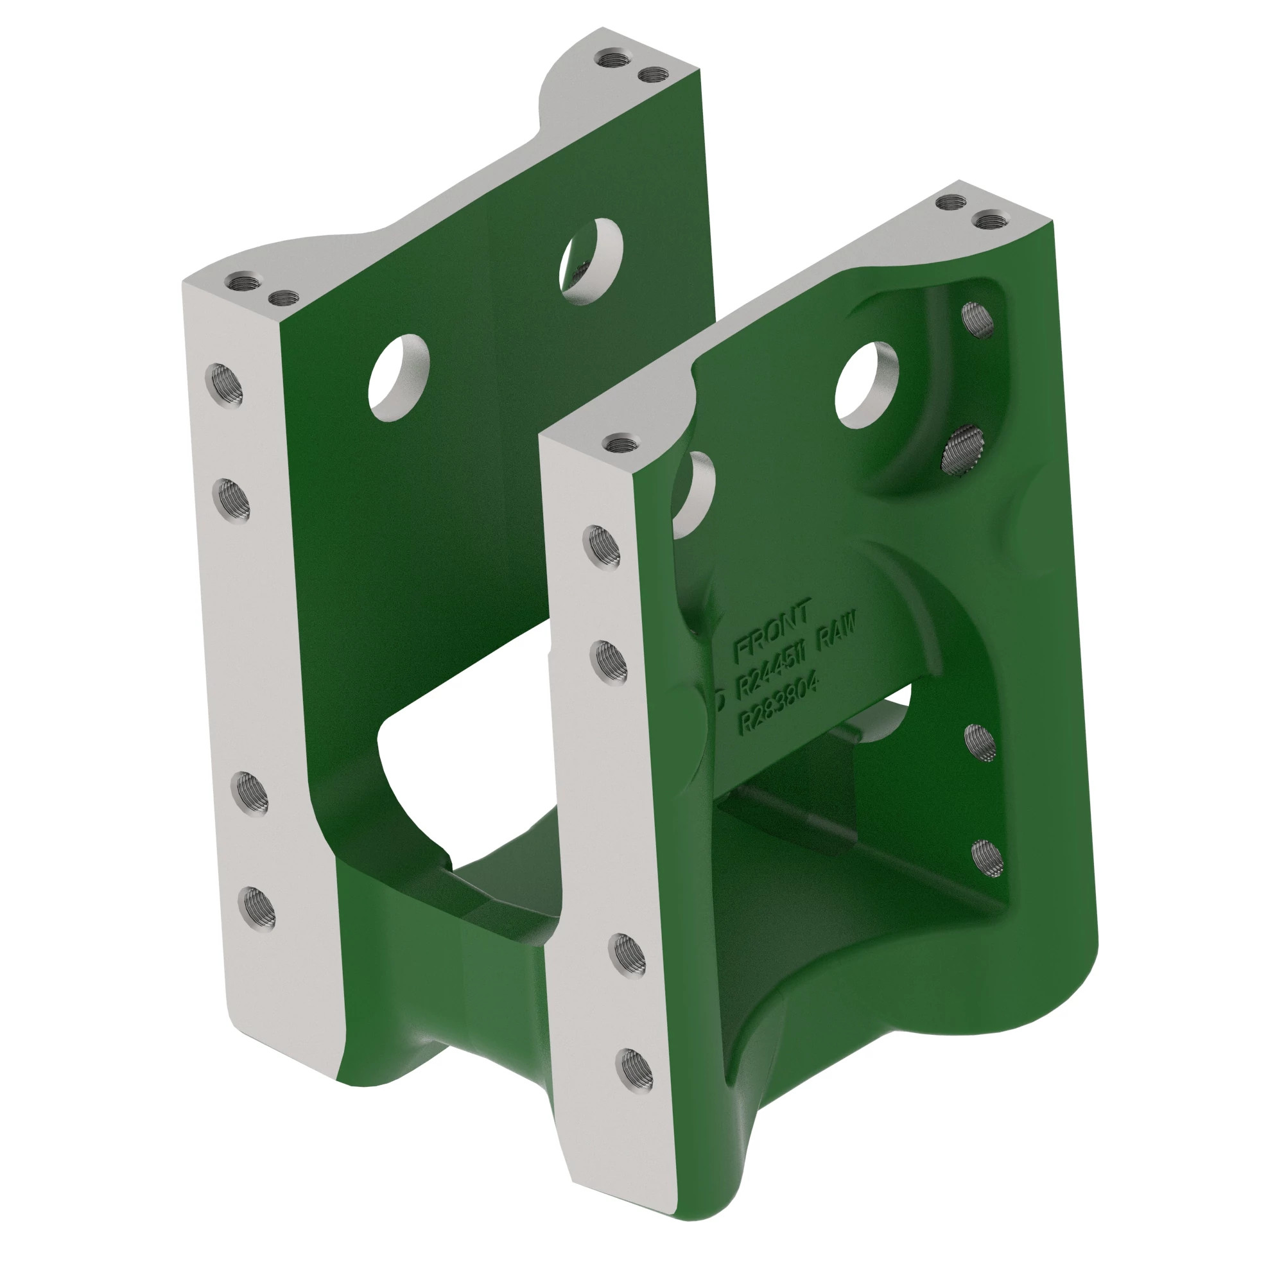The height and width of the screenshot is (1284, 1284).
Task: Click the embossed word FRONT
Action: tap(772, 630)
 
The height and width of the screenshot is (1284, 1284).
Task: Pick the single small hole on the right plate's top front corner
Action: tap(620, 442)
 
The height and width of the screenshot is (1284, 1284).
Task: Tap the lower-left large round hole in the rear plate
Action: tap(399, 377)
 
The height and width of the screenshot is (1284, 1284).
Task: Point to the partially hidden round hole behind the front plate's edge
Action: tap(695, 492)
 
